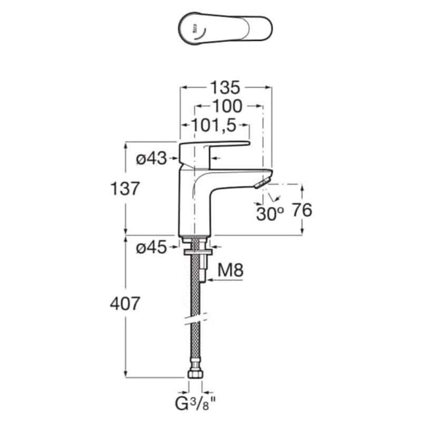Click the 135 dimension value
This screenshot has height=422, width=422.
pos(225,88)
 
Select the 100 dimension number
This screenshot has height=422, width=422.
pos(227,107)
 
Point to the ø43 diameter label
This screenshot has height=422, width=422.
pos(151,158)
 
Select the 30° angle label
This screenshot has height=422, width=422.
pos(270,214)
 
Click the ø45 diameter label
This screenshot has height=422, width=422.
pos(151,247)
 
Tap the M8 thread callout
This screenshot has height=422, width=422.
pos(231,271)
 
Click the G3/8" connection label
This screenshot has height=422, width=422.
pos(196,405)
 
